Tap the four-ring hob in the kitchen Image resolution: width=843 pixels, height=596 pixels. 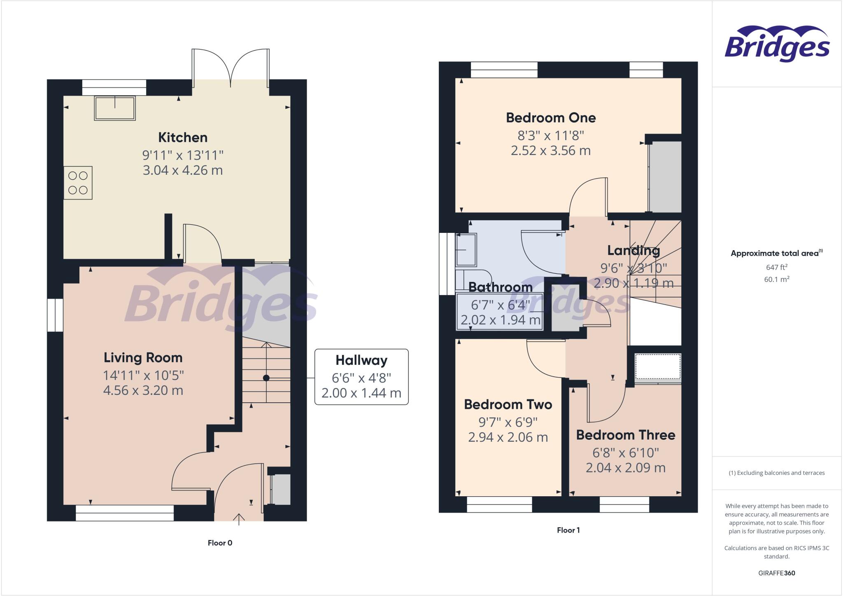point(78,183)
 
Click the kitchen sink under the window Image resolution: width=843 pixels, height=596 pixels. point(115,108)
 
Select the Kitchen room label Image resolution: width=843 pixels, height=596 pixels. point(183,137)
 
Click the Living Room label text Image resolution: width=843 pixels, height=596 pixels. point(143,357)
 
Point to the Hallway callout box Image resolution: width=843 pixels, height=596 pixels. point(361,377)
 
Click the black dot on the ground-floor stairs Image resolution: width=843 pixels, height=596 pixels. point(266,378)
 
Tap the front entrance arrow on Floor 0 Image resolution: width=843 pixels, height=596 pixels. point(239,519)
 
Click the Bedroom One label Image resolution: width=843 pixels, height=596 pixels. point(551,118)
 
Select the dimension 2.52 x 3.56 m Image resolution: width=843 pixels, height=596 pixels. point(551,150)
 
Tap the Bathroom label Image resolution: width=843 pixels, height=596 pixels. point(500,287)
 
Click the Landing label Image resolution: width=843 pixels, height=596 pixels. point(633,251)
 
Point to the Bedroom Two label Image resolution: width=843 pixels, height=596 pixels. point(508,404)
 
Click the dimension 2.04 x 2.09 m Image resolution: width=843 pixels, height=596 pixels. point(625,468)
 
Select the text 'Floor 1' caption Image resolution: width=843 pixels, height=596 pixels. point(568,530)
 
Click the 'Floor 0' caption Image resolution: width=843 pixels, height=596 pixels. point(220,543)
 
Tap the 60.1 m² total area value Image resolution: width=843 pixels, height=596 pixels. point(776,279)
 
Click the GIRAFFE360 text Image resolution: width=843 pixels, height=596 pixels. point(776,573)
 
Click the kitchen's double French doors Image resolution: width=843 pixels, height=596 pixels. point(231,68)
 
